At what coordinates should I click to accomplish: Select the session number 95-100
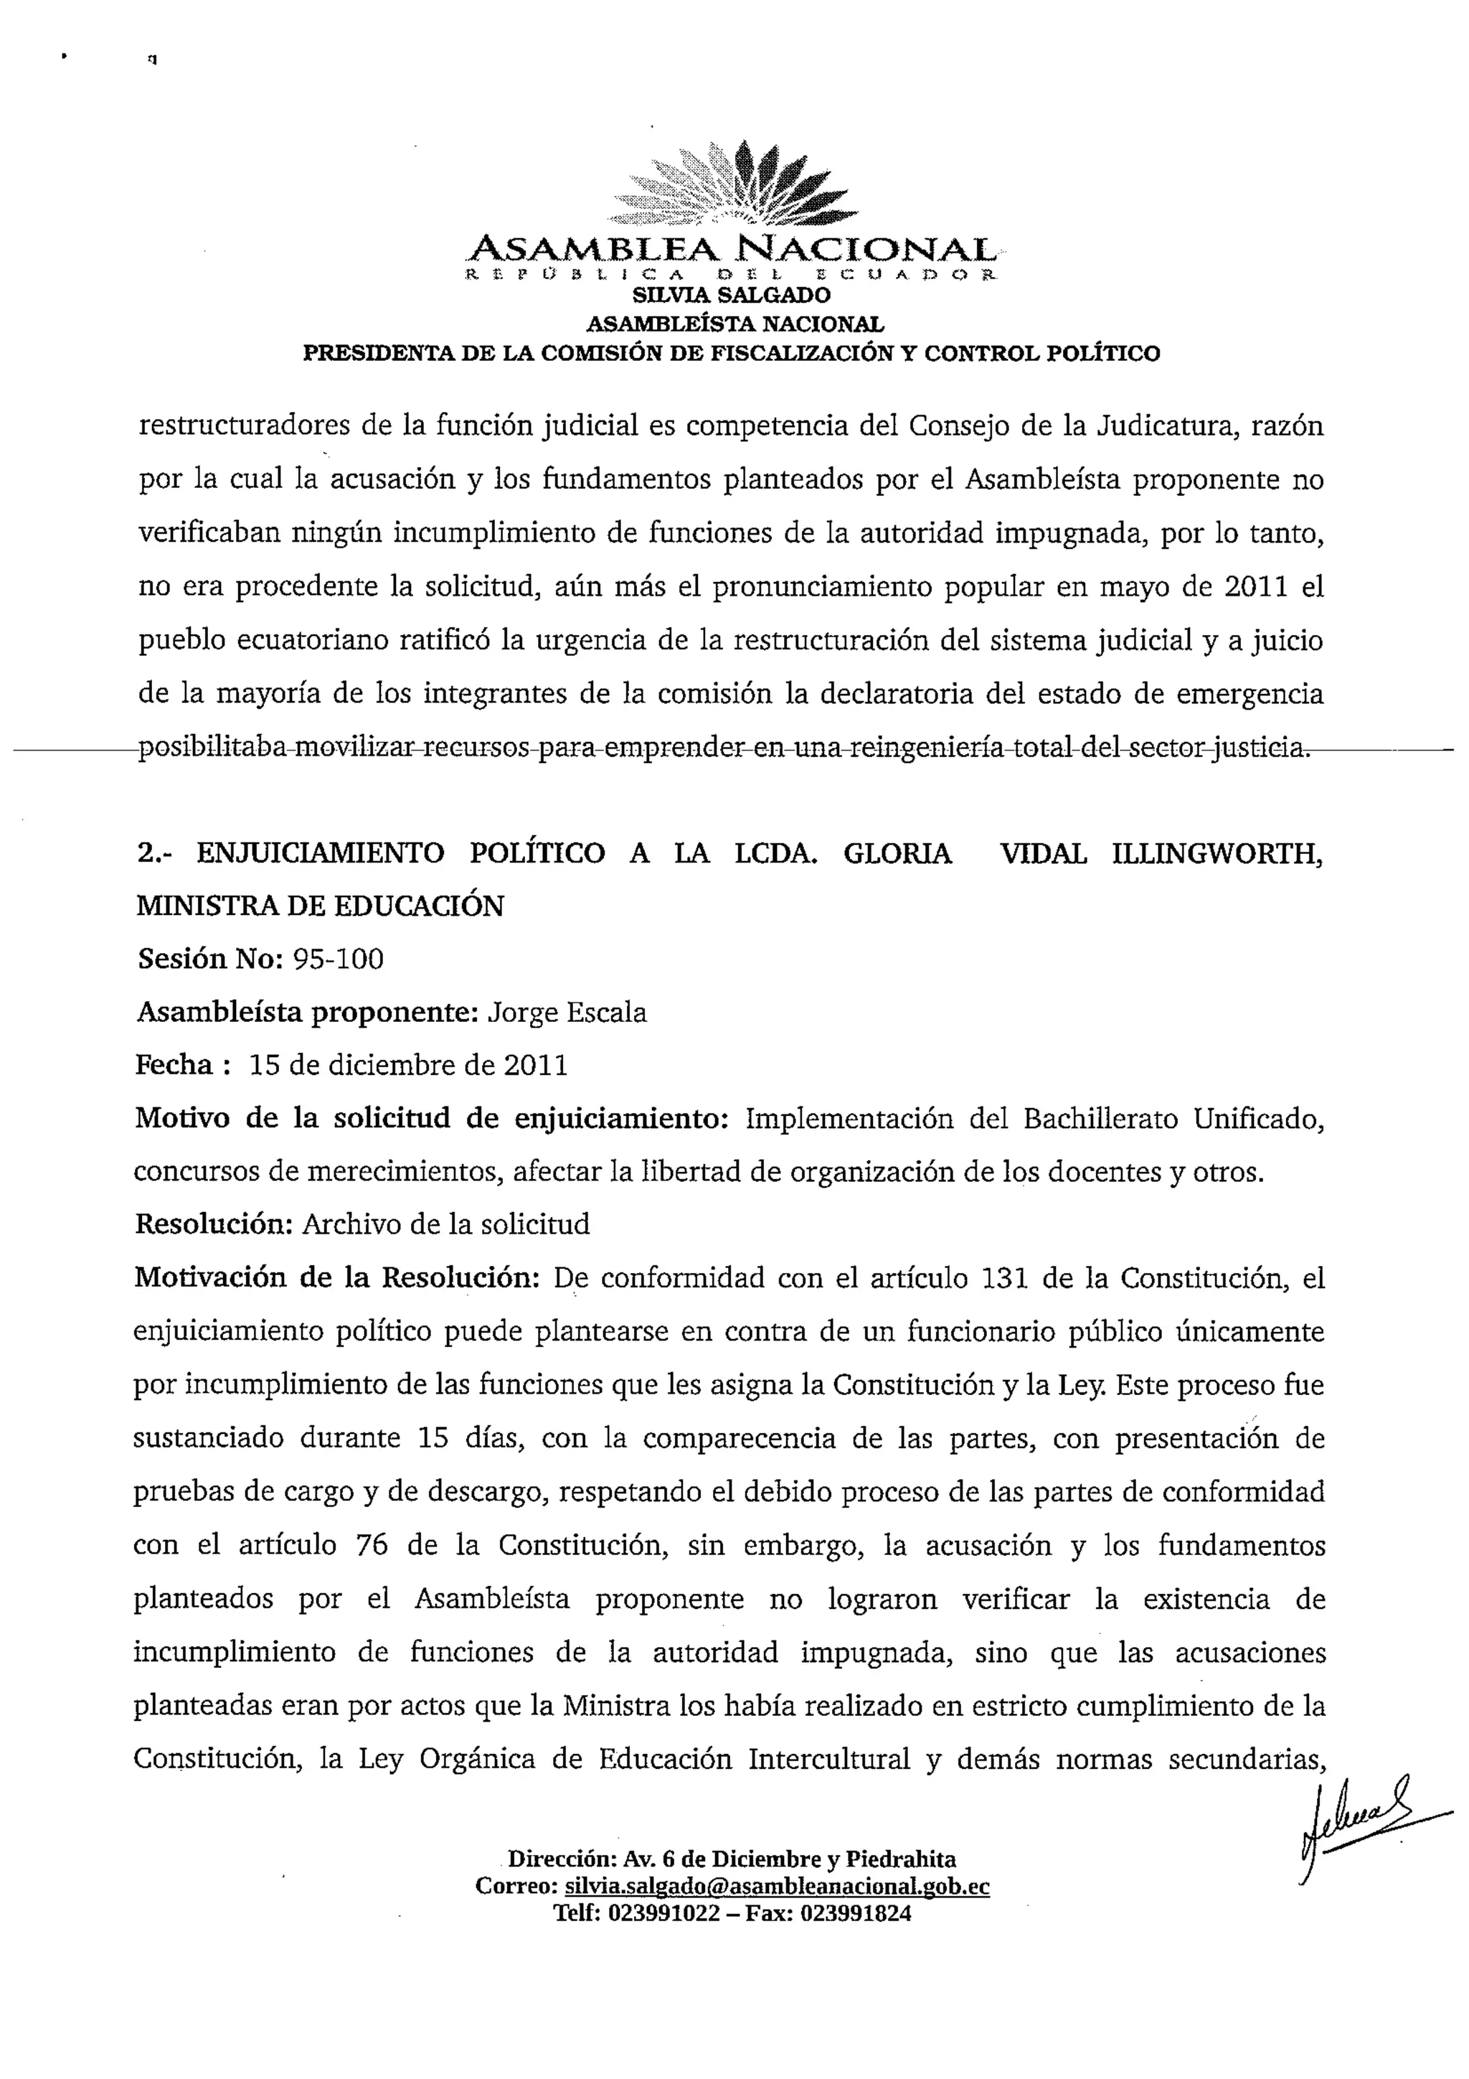click(339, 959)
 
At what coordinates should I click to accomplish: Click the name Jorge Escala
click(567, 1013)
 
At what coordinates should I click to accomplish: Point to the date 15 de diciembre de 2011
click(408, 1065)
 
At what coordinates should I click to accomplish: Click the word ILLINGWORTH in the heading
click(1217, 853)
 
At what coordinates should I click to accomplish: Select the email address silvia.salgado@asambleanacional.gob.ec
click(777, 1886)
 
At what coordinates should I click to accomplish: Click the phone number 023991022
click(664, 1913)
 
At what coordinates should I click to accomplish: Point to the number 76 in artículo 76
click(372, 1545)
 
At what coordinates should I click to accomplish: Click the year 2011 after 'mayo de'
click(1255, 587)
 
